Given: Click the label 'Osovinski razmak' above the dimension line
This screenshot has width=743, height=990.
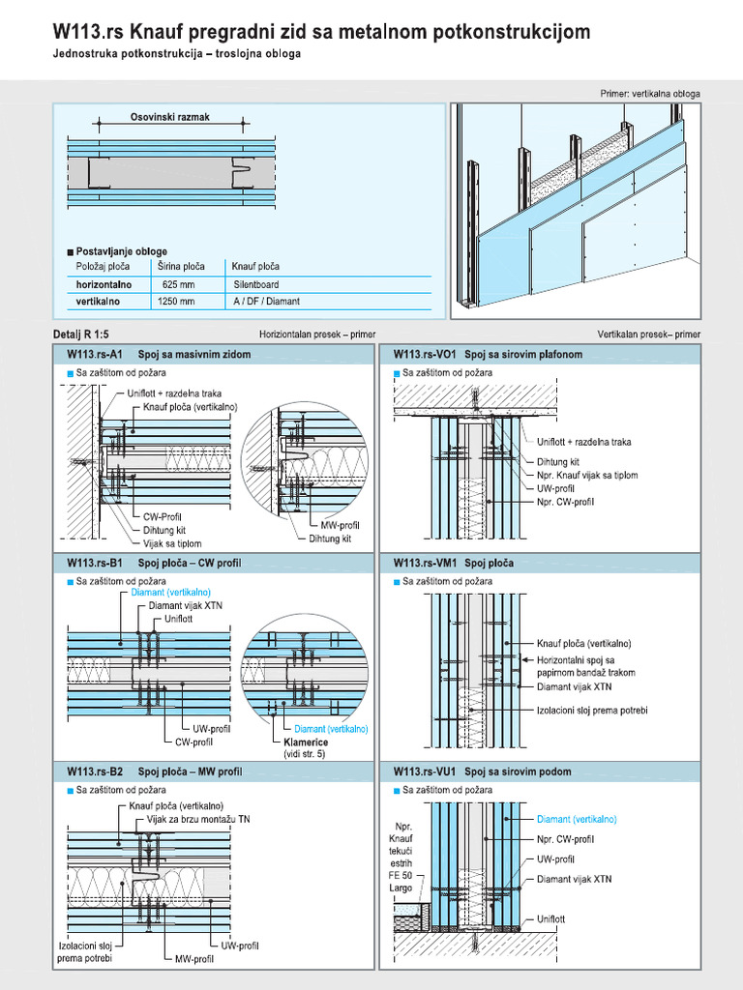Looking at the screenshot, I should [x=169, y=117].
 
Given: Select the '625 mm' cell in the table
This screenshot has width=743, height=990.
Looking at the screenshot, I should [x=178, y=285].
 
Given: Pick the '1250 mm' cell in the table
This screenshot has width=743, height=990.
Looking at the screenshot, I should [x=176, y=302].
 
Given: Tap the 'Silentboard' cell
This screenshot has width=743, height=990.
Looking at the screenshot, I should [x=255, y=285].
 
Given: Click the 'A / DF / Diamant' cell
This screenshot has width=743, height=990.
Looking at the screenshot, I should [x=266, y=302].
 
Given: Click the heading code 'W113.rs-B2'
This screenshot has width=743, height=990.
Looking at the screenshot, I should [x=95, y=772].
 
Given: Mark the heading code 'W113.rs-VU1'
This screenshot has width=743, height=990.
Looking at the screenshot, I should [x=423, y=772].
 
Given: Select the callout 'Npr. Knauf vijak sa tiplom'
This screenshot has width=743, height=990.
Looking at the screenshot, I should [x=587, y=476].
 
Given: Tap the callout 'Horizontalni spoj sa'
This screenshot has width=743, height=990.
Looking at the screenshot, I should [x=582, y=659].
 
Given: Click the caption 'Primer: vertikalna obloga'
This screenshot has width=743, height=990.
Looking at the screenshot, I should [x=650, y=95].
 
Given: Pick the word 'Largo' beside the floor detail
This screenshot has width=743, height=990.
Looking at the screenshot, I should [x=400, y=888].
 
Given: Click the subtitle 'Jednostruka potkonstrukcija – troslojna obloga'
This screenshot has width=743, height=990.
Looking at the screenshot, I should [x=177, y=54].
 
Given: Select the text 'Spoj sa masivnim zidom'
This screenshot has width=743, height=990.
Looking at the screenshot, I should [x=194, y=355].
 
